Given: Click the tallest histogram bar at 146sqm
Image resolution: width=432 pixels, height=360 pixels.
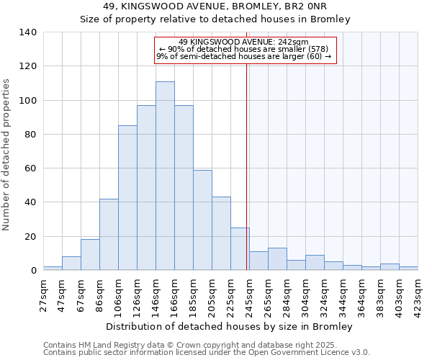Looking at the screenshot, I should pyautogui.click(x=165, y=176).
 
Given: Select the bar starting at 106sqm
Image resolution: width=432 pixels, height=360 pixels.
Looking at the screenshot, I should pyautogui.click(x=127, y=198).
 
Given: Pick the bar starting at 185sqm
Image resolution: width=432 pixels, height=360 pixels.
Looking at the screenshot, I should pyautogui.click(x=202, y=220).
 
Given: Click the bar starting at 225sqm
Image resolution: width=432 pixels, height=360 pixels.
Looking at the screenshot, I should pyautogui.click(x=240, y=249).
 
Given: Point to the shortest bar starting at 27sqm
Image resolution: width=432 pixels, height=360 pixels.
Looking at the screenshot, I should pyautogui.click(x=53, y=269).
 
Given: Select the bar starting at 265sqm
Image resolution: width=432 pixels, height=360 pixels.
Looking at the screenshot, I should pyautogui.click(x=277, y=259).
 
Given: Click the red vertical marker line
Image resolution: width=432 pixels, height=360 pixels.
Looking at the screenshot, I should pyautogui.click(x=246, y=166).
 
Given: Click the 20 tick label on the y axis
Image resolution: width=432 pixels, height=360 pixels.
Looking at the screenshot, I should pyautogui.click(x=31, y=237).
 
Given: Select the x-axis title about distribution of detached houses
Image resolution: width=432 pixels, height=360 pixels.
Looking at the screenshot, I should pyautogui.click(x=234, y=326).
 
